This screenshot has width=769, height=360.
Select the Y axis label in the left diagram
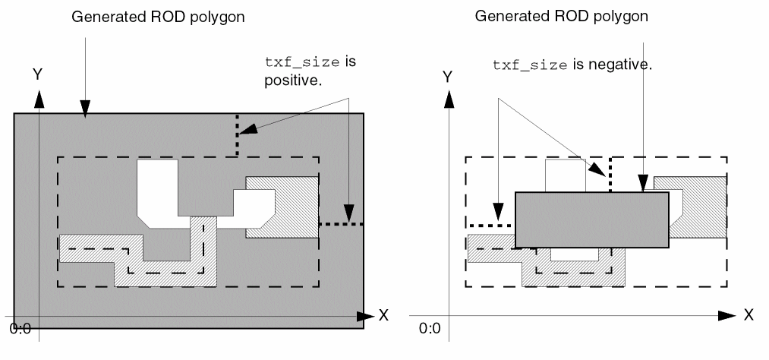[x=36, y=74]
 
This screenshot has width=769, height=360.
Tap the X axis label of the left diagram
[x=383, y=315]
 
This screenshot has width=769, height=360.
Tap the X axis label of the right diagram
[x=749, y=314]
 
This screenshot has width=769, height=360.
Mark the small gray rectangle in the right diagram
[x=591, y=219]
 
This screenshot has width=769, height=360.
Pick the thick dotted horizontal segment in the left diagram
[x=342, y=224]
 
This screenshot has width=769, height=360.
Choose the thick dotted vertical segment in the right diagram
[x=610, y=175]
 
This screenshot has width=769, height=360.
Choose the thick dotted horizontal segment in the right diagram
[x=490, y=226]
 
